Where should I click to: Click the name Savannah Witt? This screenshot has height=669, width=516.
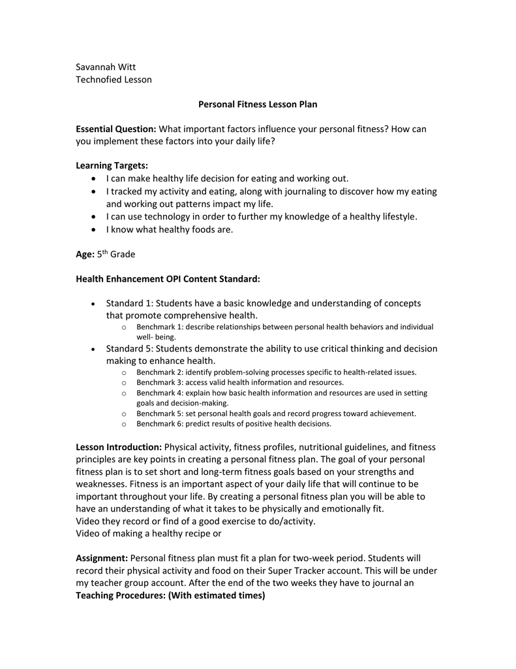coord(106,67)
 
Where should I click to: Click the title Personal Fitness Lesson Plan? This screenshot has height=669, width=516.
coord(258,105)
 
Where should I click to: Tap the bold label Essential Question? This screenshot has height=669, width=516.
coord(116,129)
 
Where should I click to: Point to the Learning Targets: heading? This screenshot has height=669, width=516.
coord(112,166)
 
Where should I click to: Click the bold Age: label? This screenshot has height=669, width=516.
coord(85,254)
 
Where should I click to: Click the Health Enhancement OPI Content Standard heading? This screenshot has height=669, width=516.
coord(168,279)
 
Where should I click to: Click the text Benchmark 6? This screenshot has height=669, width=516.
coord(159,424)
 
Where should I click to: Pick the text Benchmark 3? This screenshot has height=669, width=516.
coord(159,382)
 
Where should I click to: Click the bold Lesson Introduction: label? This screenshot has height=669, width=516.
coord(119,448)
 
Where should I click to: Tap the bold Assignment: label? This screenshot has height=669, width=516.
coord(102,559)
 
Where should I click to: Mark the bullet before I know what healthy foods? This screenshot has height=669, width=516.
coord(95,229)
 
